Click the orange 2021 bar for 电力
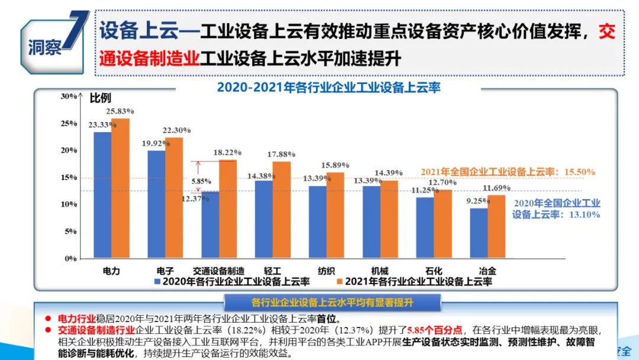pyautogui.click(x=120, y=188)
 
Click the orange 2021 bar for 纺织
pyautogui.click(x=335, y=216)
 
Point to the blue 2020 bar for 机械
pyautogui.click(x=372, y=222)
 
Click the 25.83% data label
pyautogui.click(x=120, y=111)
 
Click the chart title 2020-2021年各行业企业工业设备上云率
pyautogui.click(x=329, y=87)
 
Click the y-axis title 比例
pyautogui.click(x=100, y=98)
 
